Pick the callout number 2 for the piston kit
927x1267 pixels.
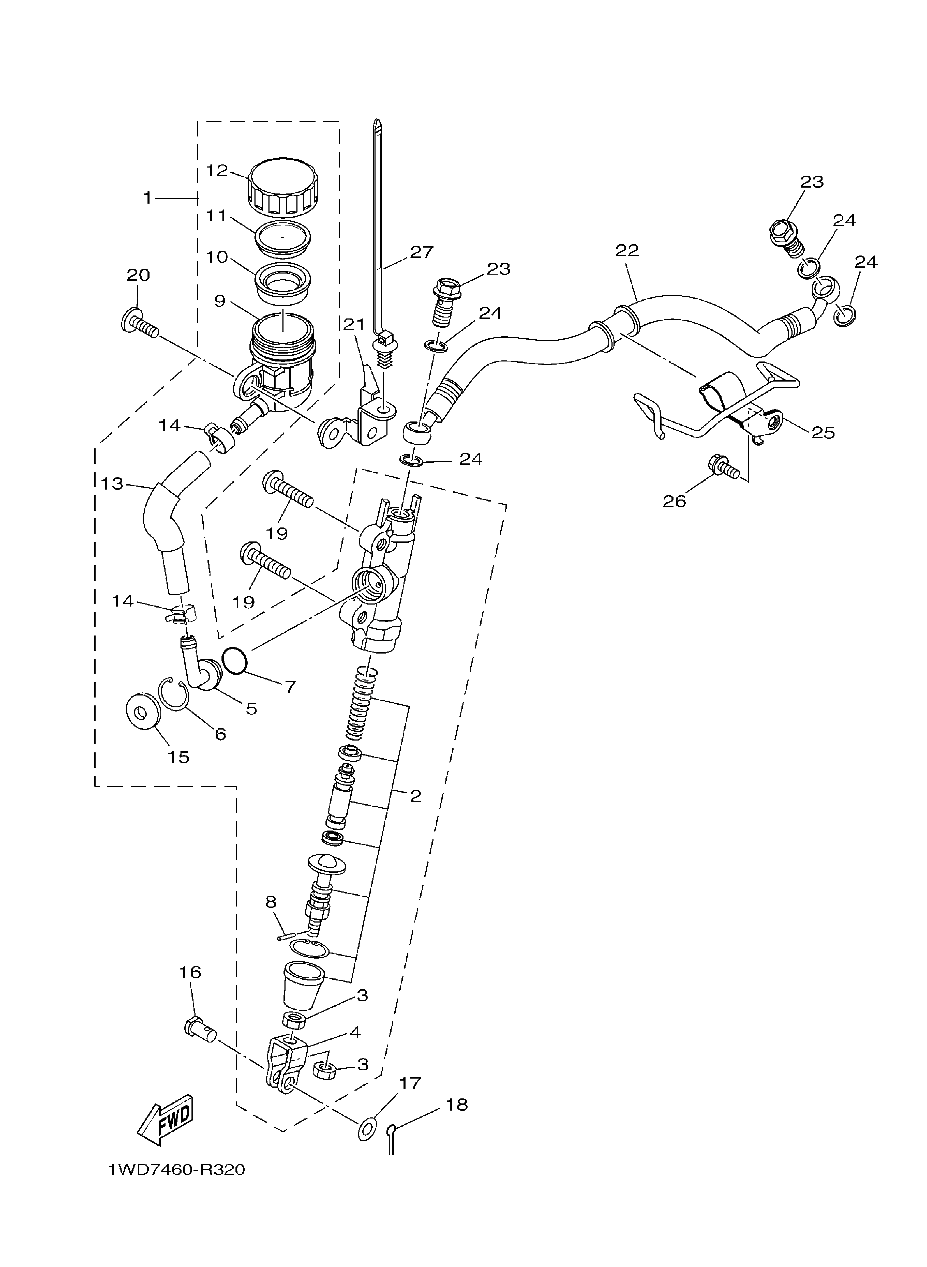(415, 796)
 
